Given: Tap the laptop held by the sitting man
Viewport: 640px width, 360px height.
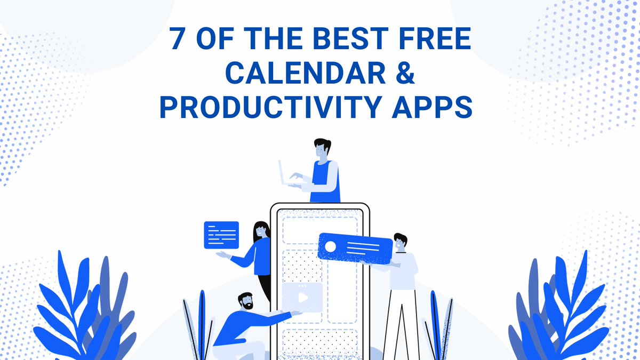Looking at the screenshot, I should click(x=285, y=173).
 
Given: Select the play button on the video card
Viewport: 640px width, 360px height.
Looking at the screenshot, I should click(x=302, y=297).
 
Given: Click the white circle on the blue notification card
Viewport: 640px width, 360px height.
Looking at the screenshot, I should click(x=331, y=246).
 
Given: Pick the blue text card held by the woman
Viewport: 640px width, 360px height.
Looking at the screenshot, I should click(x=221, y=235).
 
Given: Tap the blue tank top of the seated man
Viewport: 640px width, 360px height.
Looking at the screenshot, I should click(x=323, y=181).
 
